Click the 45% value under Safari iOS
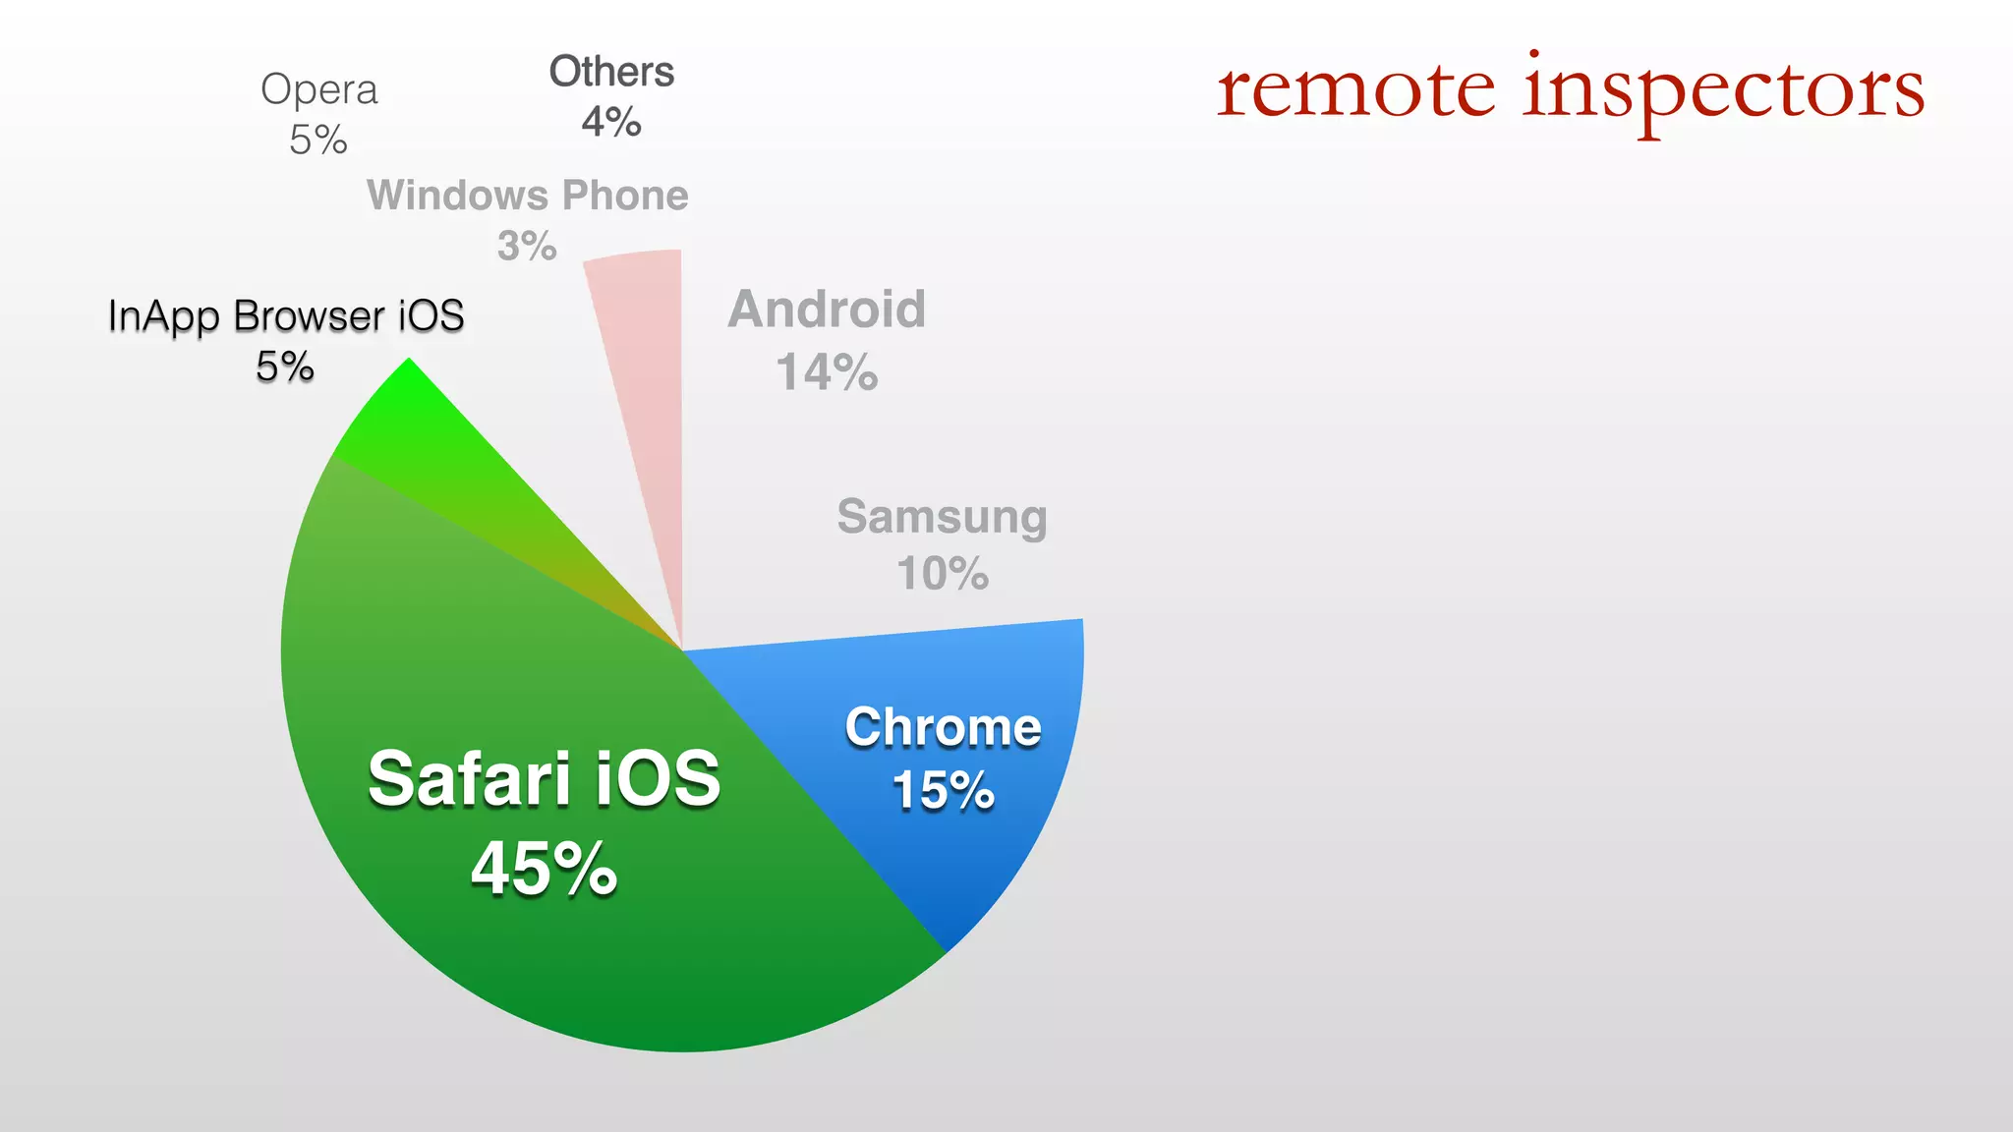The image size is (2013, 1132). (x=544, y=869)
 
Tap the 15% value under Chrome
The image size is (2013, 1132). (x=943, y=790)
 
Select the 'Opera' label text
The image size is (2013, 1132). (x=318, y=90)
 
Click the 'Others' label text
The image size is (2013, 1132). (x=611, y=72)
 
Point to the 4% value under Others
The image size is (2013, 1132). (x=611, y=123)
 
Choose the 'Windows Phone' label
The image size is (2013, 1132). (x=527, y=196)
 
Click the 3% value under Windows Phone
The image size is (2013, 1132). (x=527, y=246)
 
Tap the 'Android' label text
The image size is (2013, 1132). (x=827, y=310)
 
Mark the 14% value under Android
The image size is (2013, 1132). (x=827, y=372)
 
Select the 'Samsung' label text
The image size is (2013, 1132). (x=942, y=517)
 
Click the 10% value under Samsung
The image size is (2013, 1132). (x=942, y=573)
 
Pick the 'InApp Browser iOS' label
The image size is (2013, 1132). (x=285, y=316)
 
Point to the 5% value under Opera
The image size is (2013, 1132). (x=318, y=140)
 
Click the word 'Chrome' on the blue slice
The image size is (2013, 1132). (x=943, y=727)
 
